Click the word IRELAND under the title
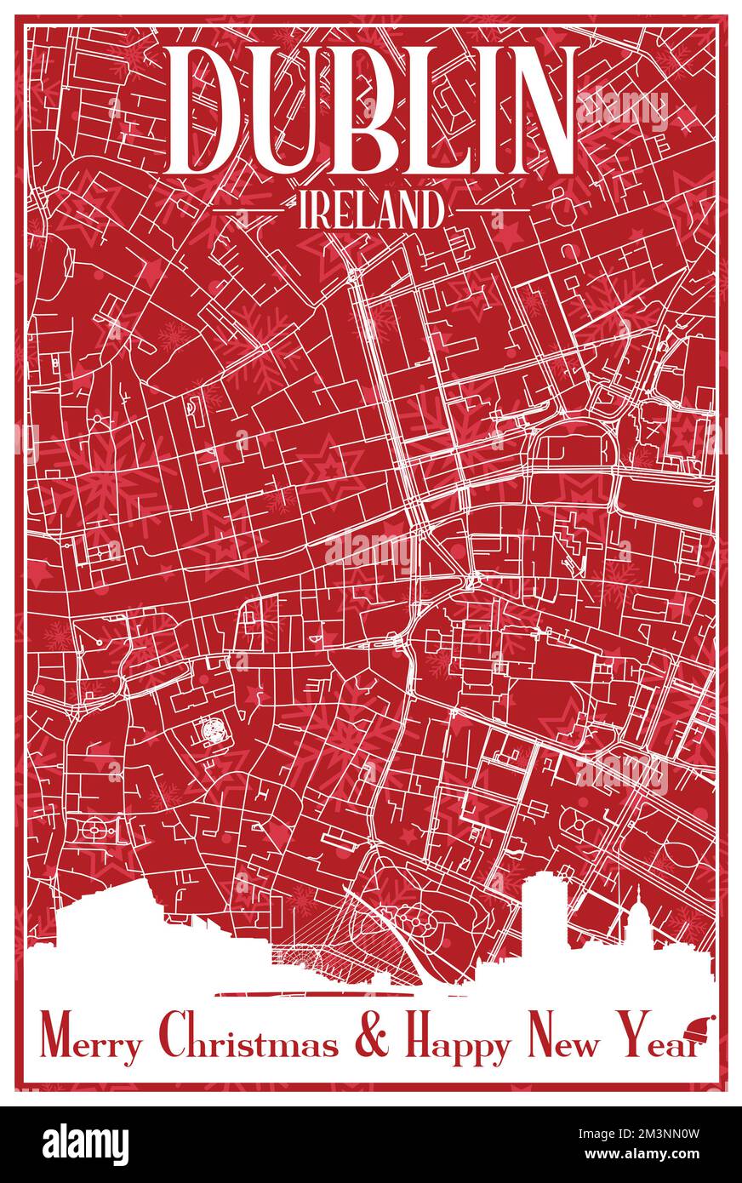coord(371,209)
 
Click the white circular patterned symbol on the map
coord(209,730)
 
